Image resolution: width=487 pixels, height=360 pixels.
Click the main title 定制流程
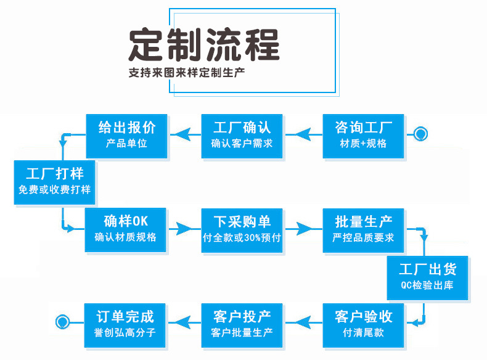tap(204, 44)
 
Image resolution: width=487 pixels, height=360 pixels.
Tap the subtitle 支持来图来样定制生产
tap(187, 72)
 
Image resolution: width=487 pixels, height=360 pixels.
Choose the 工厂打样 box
tap(55, 182)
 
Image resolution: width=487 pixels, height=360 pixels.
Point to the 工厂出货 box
tap(427, 277)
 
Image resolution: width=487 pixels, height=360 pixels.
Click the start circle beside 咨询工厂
tap(421, 133)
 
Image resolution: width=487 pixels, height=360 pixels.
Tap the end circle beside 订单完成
tap(62, 321)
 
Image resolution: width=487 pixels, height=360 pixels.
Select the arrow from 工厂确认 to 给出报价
tap(184, 133)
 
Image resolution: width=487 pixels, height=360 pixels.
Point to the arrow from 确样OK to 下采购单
tap(184, 229)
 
